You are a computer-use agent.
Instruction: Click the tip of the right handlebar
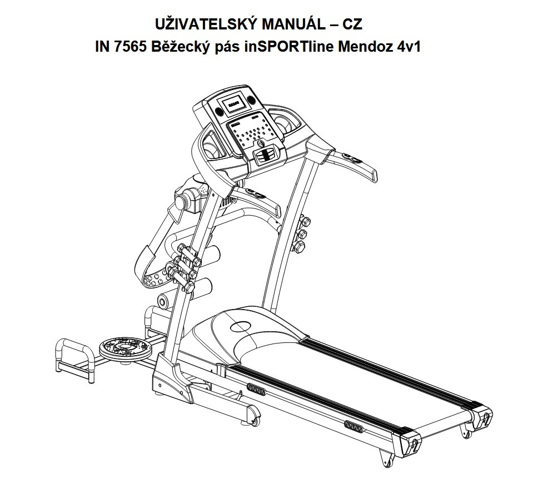point(374,176)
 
